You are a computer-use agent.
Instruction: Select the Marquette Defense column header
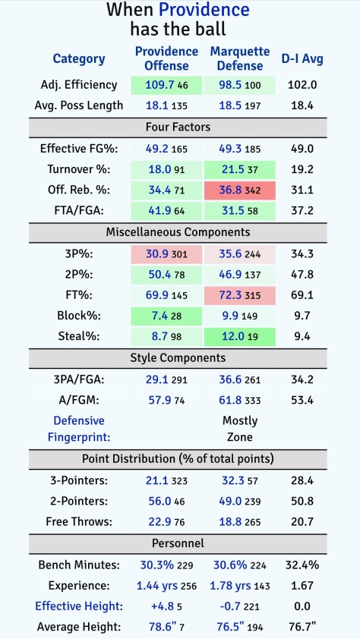coord(239,58)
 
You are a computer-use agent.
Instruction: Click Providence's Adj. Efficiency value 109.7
coord(159,86)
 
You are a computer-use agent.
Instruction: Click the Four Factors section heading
coord(179,127)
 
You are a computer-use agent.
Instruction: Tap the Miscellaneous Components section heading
coord(179,232)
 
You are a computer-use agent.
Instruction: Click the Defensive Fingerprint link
coord(80,429)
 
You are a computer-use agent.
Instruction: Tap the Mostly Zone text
coord(240,429)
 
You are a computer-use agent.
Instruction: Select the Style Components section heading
coord(179,357)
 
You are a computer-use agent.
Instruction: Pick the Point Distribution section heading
coord(179,459)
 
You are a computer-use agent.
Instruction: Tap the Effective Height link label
coord(80,606)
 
